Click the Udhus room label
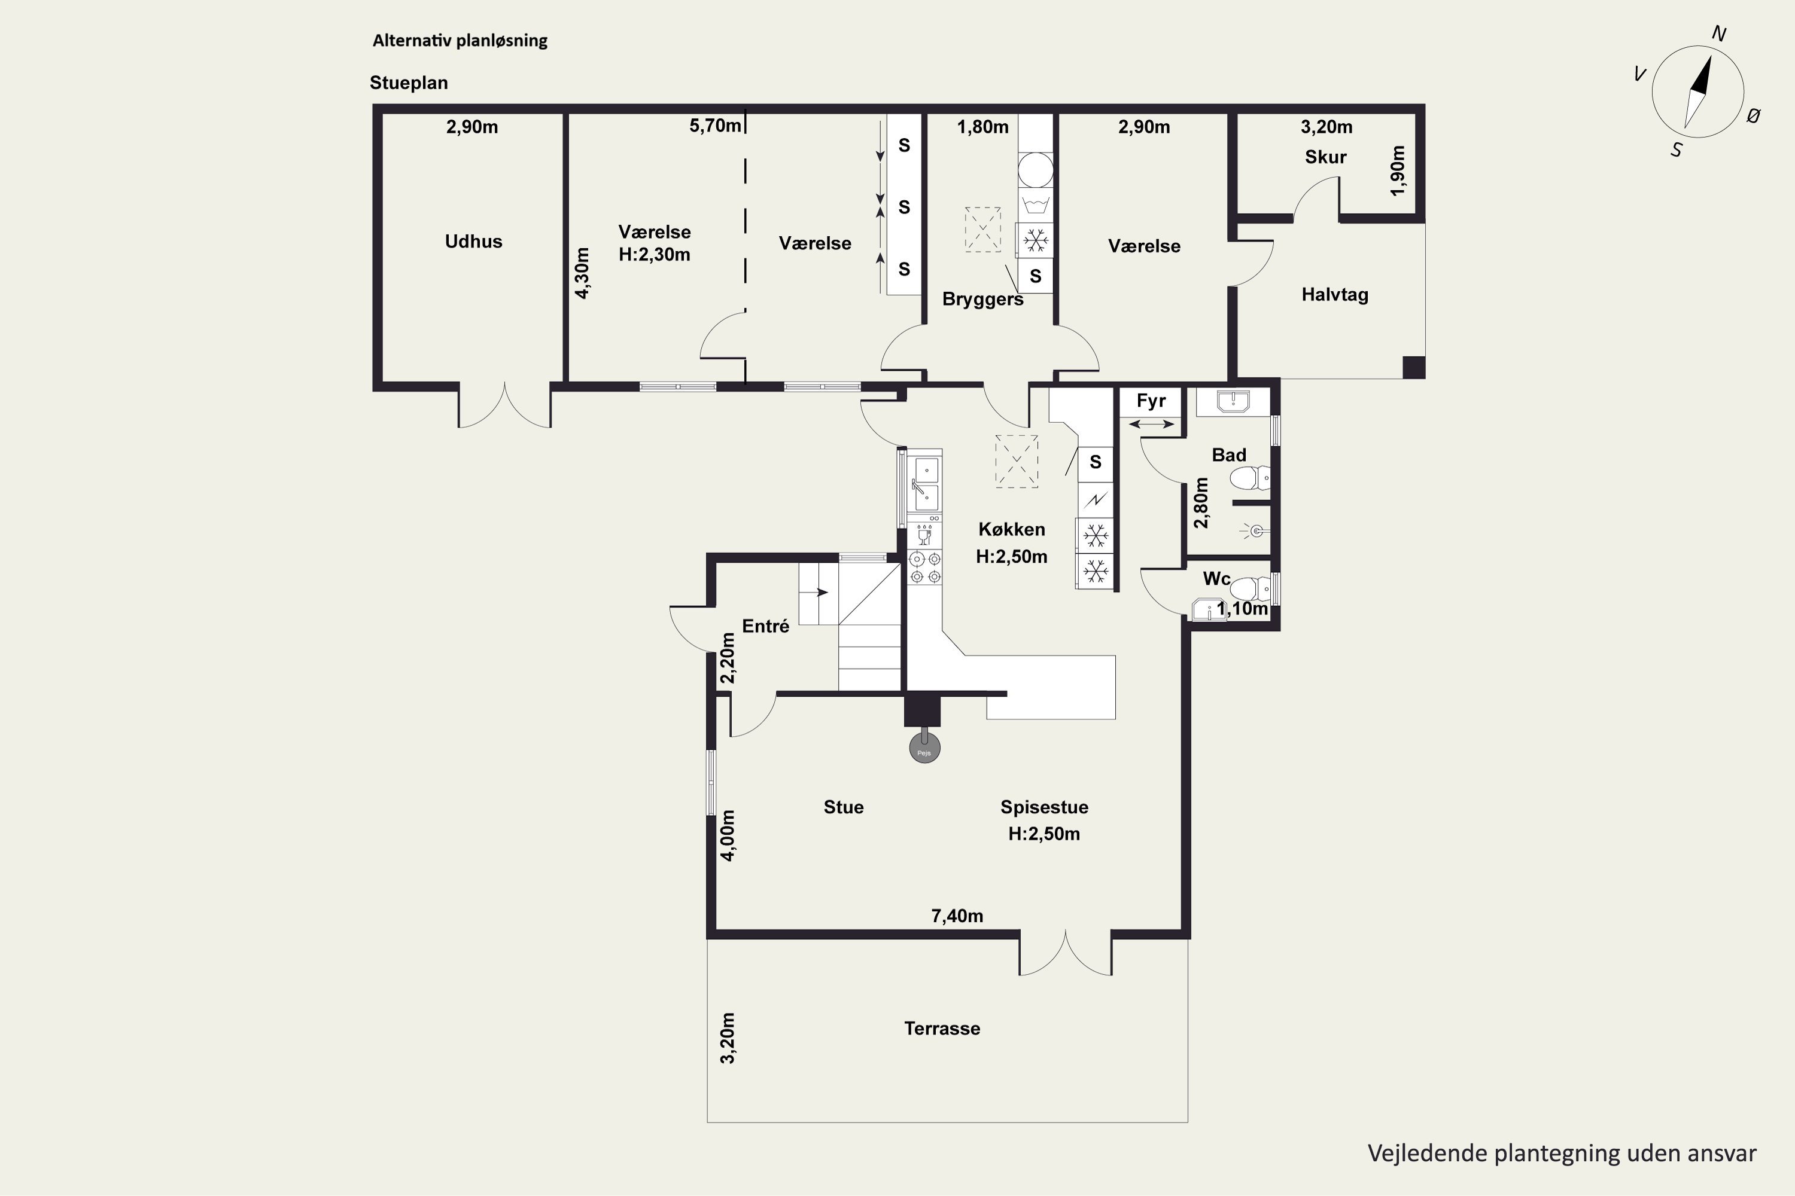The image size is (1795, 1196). coord(473,242)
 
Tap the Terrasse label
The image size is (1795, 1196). coord(942,1028)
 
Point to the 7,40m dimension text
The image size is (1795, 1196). coord(957,916)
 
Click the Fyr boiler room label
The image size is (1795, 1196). coord(1151,401)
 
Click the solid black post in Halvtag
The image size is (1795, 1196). coord(1413,368)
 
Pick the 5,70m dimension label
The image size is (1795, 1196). coord(715,126)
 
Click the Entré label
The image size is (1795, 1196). coord(765,626)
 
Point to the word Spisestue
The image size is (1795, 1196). coord(1044,807)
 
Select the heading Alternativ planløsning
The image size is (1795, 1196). coord(460,41)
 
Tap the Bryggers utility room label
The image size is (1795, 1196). coord(983,299)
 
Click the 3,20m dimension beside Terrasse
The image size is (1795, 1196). coord(728,1038)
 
